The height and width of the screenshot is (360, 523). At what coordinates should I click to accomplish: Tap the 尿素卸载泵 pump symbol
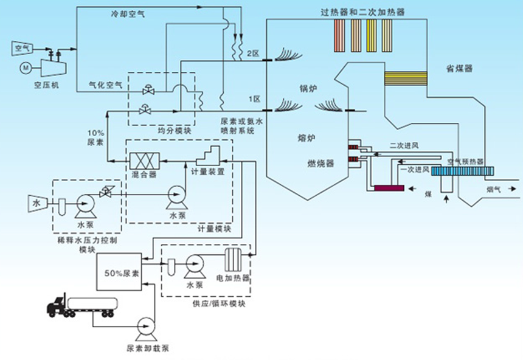tap(147, 328)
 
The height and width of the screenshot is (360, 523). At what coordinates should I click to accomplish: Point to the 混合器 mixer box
tap(144, 162)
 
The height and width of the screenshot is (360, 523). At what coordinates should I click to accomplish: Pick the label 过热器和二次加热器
tap(363, 11)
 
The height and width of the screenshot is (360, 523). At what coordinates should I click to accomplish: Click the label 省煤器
tap(459, 68)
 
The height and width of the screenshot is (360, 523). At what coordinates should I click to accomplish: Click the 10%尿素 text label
tap(95, 137)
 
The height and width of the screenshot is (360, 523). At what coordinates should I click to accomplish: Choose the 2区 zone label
tap(252, 54)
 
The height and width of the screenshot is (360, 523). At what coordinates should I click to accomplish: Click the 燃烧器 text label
tap(321, 163)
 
